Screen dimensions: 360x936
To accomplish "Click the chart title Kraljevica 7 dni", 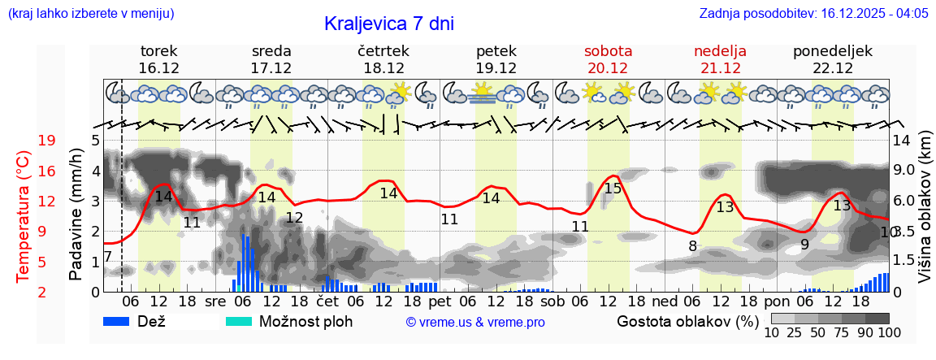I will coord(388,23).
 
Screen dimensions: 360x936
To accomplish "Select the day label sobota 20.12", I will coord(608,59).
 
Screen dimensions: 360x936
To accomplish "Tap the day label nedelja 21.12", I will coord(720,59).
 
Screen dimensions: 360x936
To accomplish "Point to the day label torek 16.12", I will coord(159,59).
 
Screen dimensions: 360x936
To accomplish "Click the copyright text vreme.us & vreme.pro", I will coord(475,322).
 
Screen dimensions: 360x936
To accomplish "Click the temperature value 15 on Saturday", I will coord(613,189).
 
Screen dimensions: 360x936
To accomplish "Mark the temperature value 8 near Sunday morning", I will coord(692,245).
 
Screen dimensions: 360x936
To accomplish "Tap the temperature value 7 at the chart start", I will coord(107,258).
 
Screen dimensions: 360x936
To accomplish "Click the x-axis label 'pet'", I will coord(440,301).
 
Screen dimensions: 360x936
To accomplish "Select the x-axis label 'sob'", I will coord(552,301).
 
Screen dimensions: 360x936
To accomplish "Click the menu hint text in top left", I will coord(90,13).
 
